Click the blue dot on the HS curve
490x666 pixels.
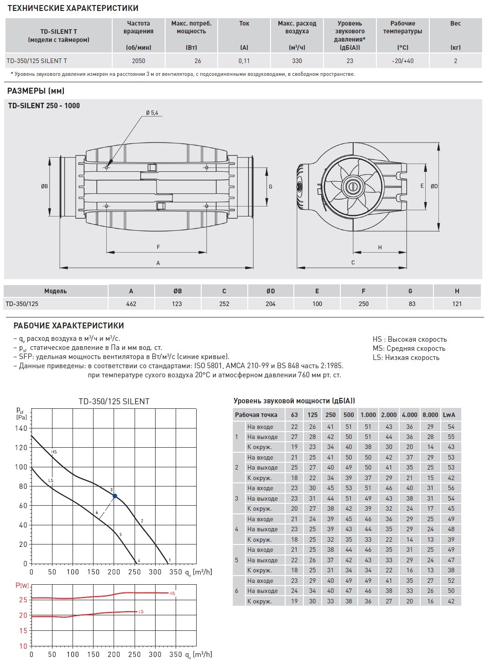click(115, 496)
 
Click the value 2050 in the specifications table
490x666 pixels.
click(138, 61)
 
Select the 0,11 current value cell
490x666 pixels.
click(244, 61)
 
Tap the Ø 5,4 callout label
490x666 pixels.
click(152, 113)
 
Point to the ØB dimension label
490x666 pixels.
click(44, 186)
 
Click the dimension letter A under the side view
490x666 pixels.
click(158, 263)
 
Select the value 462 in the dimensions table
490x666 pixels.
click(131, 304)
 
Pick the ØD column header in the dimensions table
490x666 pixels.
click(271, 291)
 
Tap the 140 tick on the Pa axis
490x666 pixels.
click(21, 428)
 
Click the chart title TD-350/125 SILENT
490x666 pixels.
click(114, 402)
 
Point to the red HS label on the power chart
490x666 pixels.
click(172, 593)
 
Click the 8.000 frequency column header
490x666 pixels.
click(430, 415)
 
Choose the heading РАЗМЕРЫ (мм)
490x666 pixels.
click(36, 91)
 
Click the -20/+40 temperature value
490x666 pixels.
click(402, 61)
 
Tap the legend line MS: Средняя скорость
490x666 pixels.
click(409, 349)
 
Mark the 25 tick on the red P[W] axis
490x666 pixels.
click(23, 600)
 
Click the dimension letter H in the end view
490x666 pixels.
click(380, 248)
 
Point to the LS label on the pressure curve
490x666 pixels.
click(51, 481)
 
